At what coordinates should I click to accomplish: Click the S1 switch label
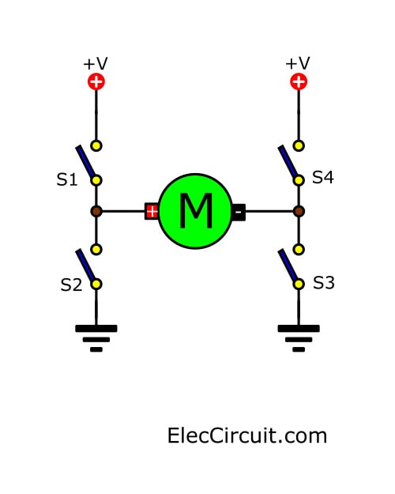(67, 179)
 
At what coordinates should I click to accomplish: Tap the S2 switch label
(71, 285)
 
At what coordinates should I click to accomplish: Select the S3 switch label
(323, 283)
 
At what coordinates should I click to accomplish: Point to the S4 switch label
(323, 177)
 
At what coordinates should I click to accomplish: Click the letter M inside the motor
(196, 210)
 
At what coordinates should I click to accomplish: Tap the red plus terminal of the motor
(152, 211)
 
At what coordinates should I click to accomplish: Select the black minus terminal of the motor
(239, 212)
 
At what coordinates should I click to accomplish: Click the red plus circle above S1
(96, 82)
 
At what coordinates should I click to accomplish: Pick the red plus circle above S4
(299, 82)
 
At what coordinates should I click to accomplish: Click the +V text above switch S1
(96, 64)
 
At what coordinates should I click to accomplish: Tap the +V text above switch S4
(298, 63)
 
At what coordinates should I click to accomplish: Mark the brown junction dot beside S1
(96, 211)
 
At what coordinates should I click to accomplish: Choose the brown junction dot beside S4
(299, 211)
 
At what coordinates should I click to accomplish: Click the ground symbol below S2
(96, 338)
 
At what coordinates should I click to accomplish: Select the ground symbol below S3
(299, 338)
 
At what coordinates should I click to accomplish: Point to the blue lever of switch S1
(85, 161)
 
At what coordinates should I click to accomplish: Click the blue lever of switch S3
(288, 266)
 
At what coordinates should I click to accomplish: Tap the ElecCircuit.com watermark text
(247, 436)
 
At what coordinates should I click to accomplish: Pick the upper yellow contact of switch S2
(96, 250)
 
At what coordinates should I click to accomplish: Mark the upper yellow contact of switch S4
(299, 146)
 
